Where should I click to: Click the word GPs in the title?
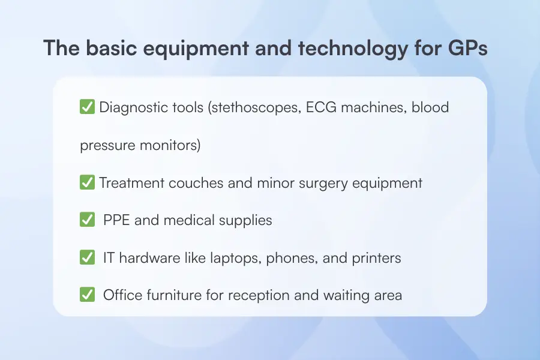(468, 49)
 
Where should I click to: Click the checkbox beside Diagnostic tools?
(87, 108)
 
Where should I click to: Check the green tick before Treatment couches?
(87, 183)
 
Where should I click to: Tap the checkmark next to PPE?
(87, 220)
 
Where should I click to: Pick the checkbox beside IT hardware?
(87, 258)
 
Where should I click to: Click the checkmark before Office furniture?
(87, 295)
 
